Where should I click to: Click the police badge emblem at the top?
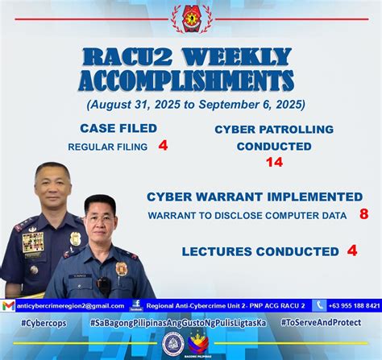(x=191, y=19)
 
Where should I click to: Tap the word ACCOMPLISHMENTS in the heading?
(x=186, y=81)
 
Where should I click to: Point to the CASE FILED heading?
(x=118, y=128)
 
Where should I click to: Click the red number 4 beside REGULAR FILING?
(x=163, y=146)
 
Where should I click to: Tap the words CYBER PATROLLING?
(x=274, y=129)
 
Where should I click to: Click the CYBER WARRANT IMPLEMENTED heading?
(x=255, y=197)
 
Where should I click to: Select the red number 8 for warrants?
(x=363, y=214)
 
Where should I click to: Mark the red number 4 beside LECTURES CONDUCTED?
(x=351, y=250)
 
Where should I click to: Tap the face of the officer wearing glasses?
(x=101, y=221)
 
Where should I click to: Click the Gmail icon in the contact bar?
(x=8, y=306)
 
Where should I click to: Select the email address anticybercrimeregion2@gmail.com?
(x=70, y=306)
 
